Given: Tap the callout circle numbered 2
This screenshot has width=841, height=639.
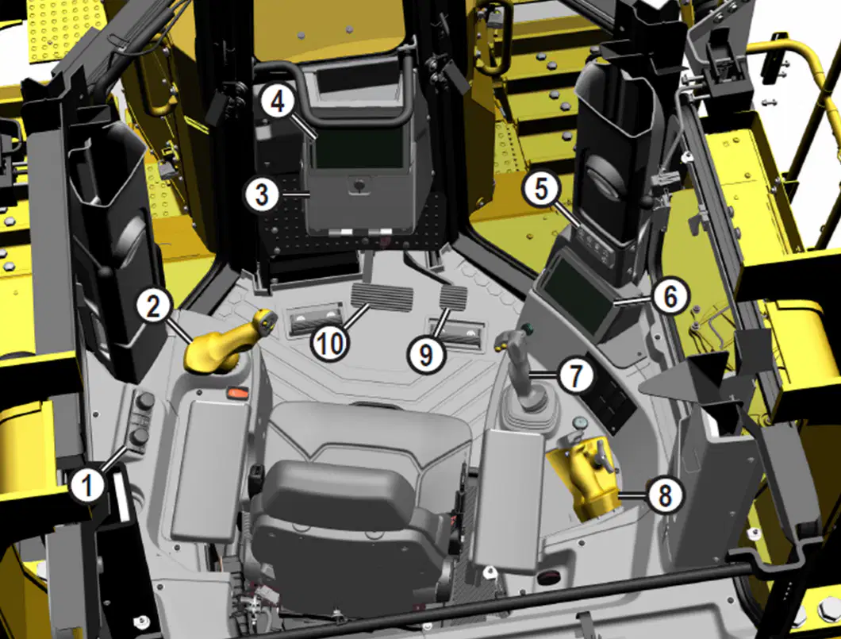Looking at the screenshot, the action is point(153,306).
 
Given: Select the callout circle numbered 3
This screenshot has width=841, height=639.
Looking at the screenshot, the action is point(262,194).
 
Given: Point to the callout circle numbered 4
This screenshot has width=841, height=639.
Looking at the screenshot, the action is point(278,102).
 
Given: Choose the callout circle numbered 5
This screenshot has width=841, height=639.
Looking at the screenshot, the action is point(542,190).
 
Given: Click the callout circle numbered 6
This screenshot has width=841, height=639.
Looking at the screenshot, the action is point(670,295).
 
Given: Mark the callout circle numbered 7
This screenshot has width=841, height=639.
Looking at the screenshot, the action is point(575,375).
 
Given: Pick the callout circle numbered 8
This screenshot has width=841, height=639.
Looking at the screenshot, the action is point(665,495).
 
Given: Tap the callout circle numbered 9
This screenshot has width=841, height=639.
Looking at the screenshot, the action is point(425,354).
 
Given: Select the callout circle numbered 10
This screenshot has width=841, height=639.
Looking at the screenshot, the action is point(330,342).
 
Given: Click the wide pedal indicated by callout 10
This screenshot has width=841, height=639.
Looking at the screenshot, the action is point(382,297).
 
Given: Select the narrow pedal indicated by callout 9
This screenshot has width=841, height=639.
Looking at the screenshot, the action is point(453,297).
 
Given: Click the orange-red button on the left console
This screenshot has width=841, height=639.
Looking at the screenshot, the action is point(238,393).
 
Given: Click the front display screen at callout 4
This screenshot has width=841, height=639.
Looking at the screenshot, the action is point(359,148).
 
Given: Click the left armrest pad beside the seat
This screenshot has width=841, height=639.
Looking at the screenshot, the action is point(209,470).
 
